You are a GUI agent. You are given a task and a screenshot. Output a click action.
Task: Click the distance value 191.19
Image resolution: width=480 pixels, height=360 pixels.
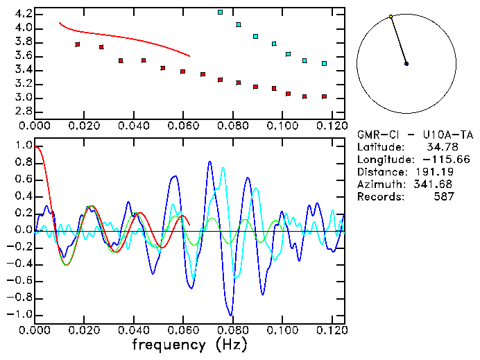point(437,172)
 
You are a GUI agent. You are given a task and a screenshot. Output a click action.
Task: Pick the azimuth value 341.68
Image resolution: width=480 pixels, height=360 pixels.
point(437,185)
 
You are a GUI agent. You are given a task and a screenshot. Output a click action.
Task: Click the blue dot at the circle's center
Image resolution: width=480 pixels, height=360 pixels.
point(406,64)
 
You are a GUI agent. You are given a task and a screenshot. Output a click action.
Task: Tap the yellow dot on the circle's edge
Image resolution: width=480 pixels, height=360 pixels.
point(391,17)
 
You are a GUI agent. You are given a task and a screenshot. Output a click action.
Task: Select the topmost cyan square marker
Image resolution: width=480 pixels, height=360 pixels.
point(221,12)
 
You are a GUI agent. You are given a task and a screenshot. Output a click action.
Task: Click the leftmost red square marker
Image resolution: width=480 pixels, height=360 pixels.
point(78,44)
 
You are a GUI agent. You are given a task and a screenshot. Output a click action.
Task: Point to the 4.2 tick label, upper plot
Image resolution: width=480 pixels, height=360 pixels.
point(22,14)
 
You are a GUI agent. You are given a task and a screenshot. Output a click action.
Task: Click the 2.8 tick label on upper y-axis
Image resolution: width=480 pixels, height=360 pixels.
point(22,111)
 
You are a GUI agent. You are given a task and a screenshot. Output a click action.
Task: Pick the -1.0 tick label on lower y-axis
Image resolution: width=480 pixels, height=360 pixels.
point(19,314)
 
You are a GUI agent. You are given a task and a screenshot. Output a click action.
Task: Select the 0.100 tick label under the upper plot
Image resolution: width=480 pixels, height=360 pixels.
point(282,126)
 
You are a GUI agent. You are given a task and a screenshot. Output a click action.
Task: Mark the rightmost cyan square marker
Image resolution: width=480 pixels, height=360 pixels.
point(324,64)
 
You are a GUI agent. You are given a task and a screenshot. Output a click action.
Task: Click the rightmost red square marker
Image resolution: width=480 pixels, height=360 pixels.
point(324,96)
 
